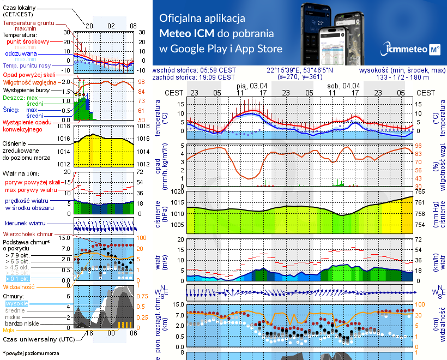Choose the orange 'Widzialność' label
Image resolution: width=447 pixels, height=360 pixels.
coord(19,286)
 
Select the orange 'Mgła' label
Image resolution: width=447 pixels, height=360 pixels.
coord(9,330)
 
